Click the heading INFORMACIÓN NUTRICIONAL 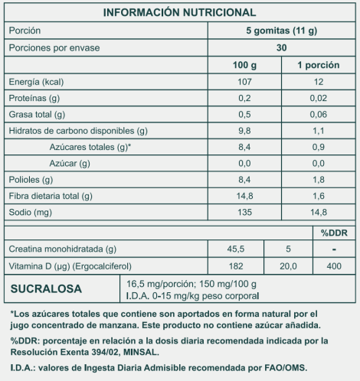pos(179,13)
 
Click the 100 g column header pos(245,65)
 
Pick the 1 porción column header pos(318,65)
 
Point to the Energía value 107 pos(245,82)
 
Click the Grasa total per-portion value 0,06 pos(318,115)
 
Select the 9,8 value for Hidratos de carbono pos(245,131)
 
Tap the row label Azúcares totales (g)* pos(90,147)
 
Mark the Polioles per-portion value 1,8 pos(318,180)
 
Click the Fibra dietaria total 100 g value pos(245,196)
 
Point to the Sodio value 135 pos(245,213)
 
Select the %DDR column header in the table pos(334,232)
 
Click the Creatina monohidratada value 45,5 pos(236,249)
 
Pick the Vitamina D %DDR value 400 pos(334,265)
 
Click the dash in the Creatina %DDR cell pos(334,249)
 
